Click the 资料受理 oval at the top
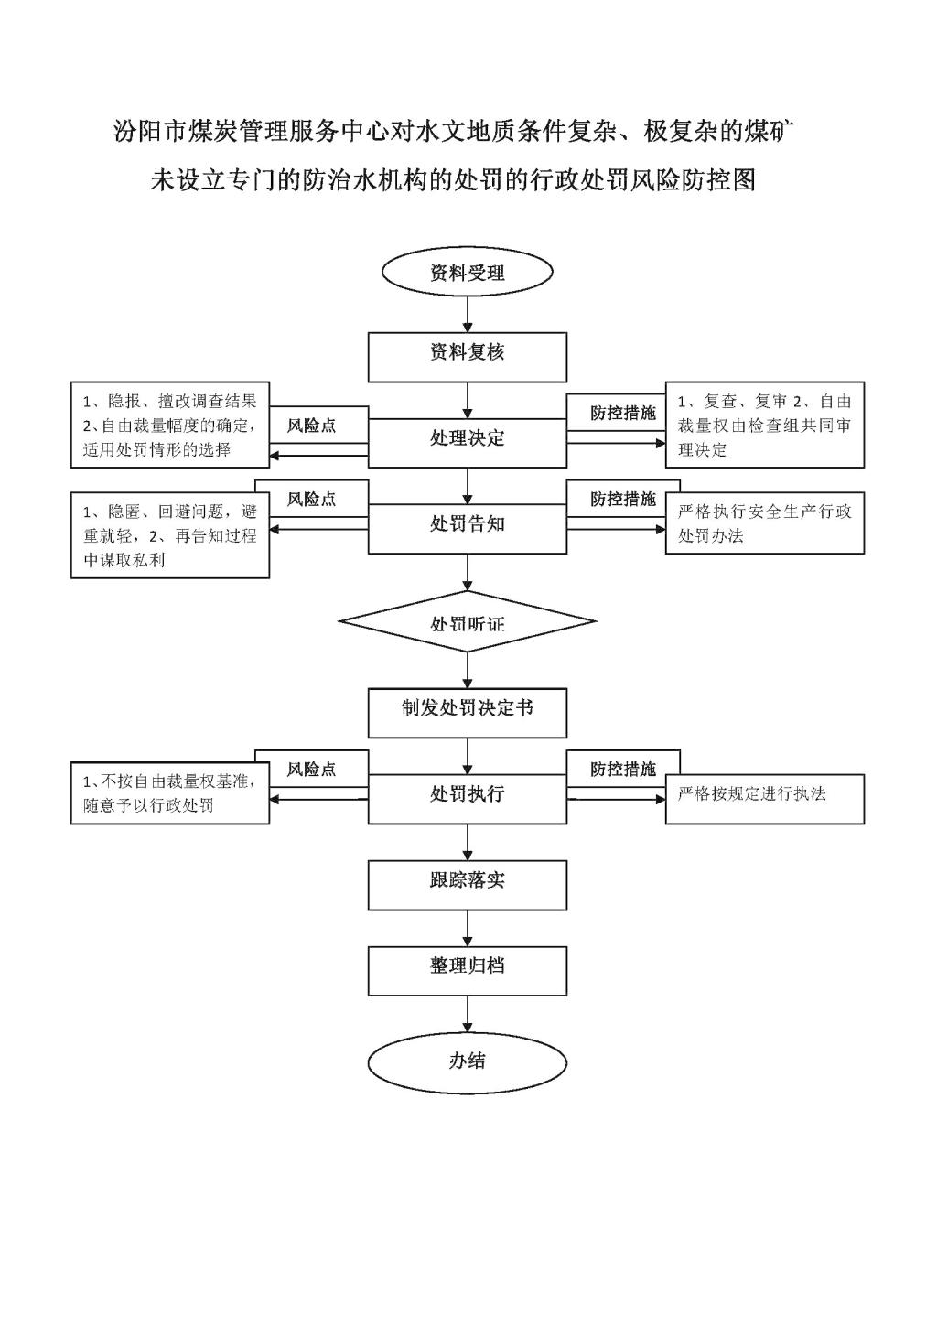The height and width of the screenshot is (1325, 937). (x=468, y=272)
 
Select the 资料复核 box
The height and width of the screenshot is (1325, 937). (x=468, y=357)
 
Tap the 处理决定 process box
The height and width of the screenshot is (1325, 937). (x=468, y=443)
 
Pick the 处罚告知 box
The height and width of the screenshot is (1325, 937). (x=468, y=528)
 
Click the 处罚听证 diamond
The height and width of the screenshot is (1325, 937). (x=468, y=621)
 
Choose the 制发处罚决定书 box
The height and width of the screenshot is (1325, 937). (x=468, y=713)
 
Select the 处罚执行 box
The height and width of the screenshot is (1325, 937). (x=468, y=799)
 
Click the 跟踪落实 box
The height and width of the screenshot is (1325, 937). (x=468, y=885)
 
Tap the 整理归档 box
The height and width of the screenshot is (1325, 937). (x=468, y=971)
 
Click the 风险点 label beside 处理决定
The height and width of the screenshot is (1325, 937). (x=312, y=426)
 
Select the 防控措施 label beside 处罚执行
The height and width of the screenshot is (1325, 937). (x=623, y=769)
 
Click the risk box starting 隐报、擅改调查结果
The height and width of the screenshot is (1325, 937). (x=170, y=425)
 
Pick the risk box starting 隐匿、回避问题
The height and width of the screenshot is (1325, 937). (x=170, y=534)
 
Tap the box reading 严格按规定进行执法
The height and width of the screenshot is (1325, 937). (x=765, y=799)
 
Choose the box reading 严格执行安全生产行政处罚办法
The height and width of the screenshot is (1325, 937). (x=765, y=522)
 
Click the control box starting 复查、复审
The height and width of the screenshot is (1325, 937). (x=765, y=425)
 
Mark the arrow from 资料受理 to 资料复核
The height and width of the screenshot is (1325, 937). (x=468, y=314)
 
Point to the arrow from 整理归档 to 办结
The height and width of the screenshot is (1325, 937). (x=468, y=1015)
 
